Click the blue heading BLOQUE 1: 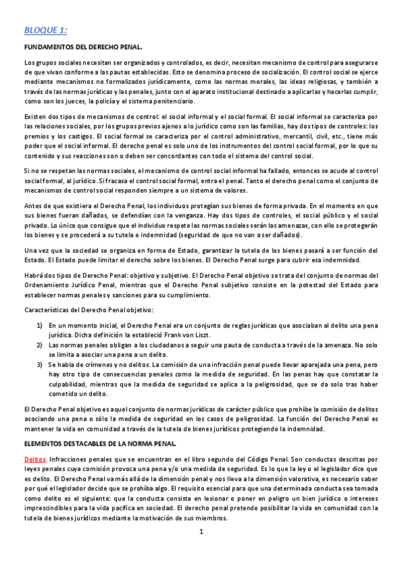(46, 30)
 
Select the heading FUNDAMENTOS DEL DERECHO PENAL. (83, 46)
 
